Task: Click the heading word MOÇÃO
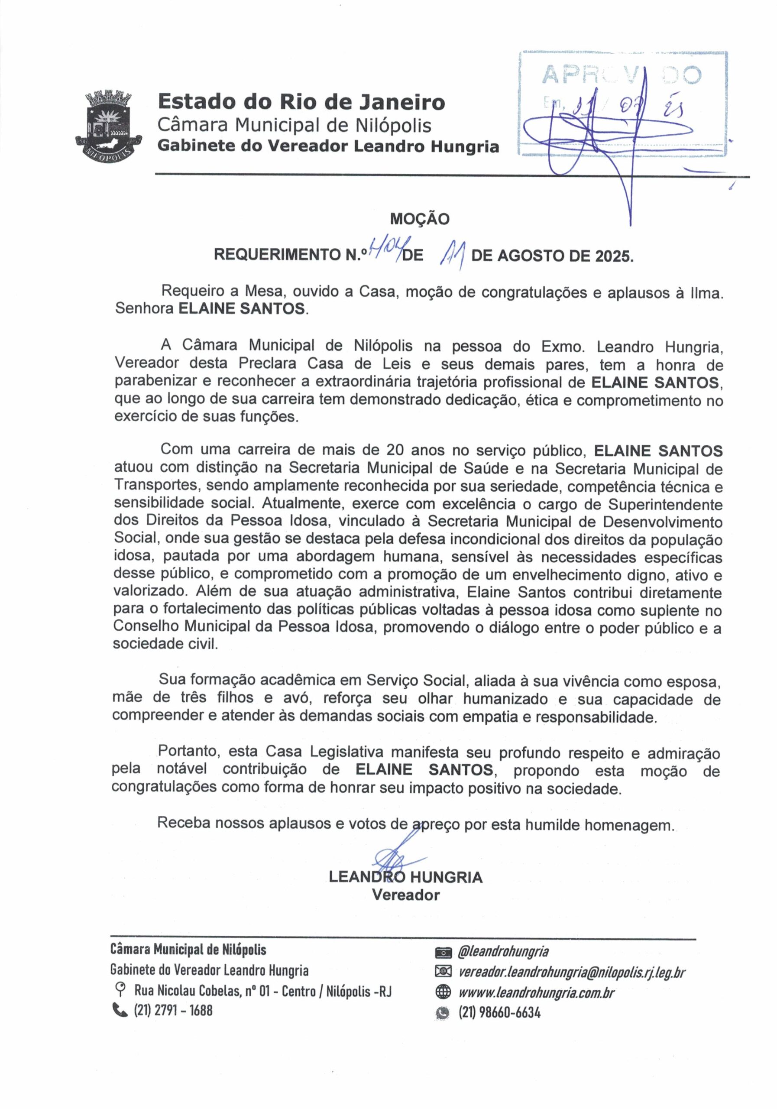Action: [419, 219]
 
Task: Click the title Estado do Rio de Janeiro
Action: [301, 102]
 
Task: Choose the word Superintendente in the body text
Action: [665, 504]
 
